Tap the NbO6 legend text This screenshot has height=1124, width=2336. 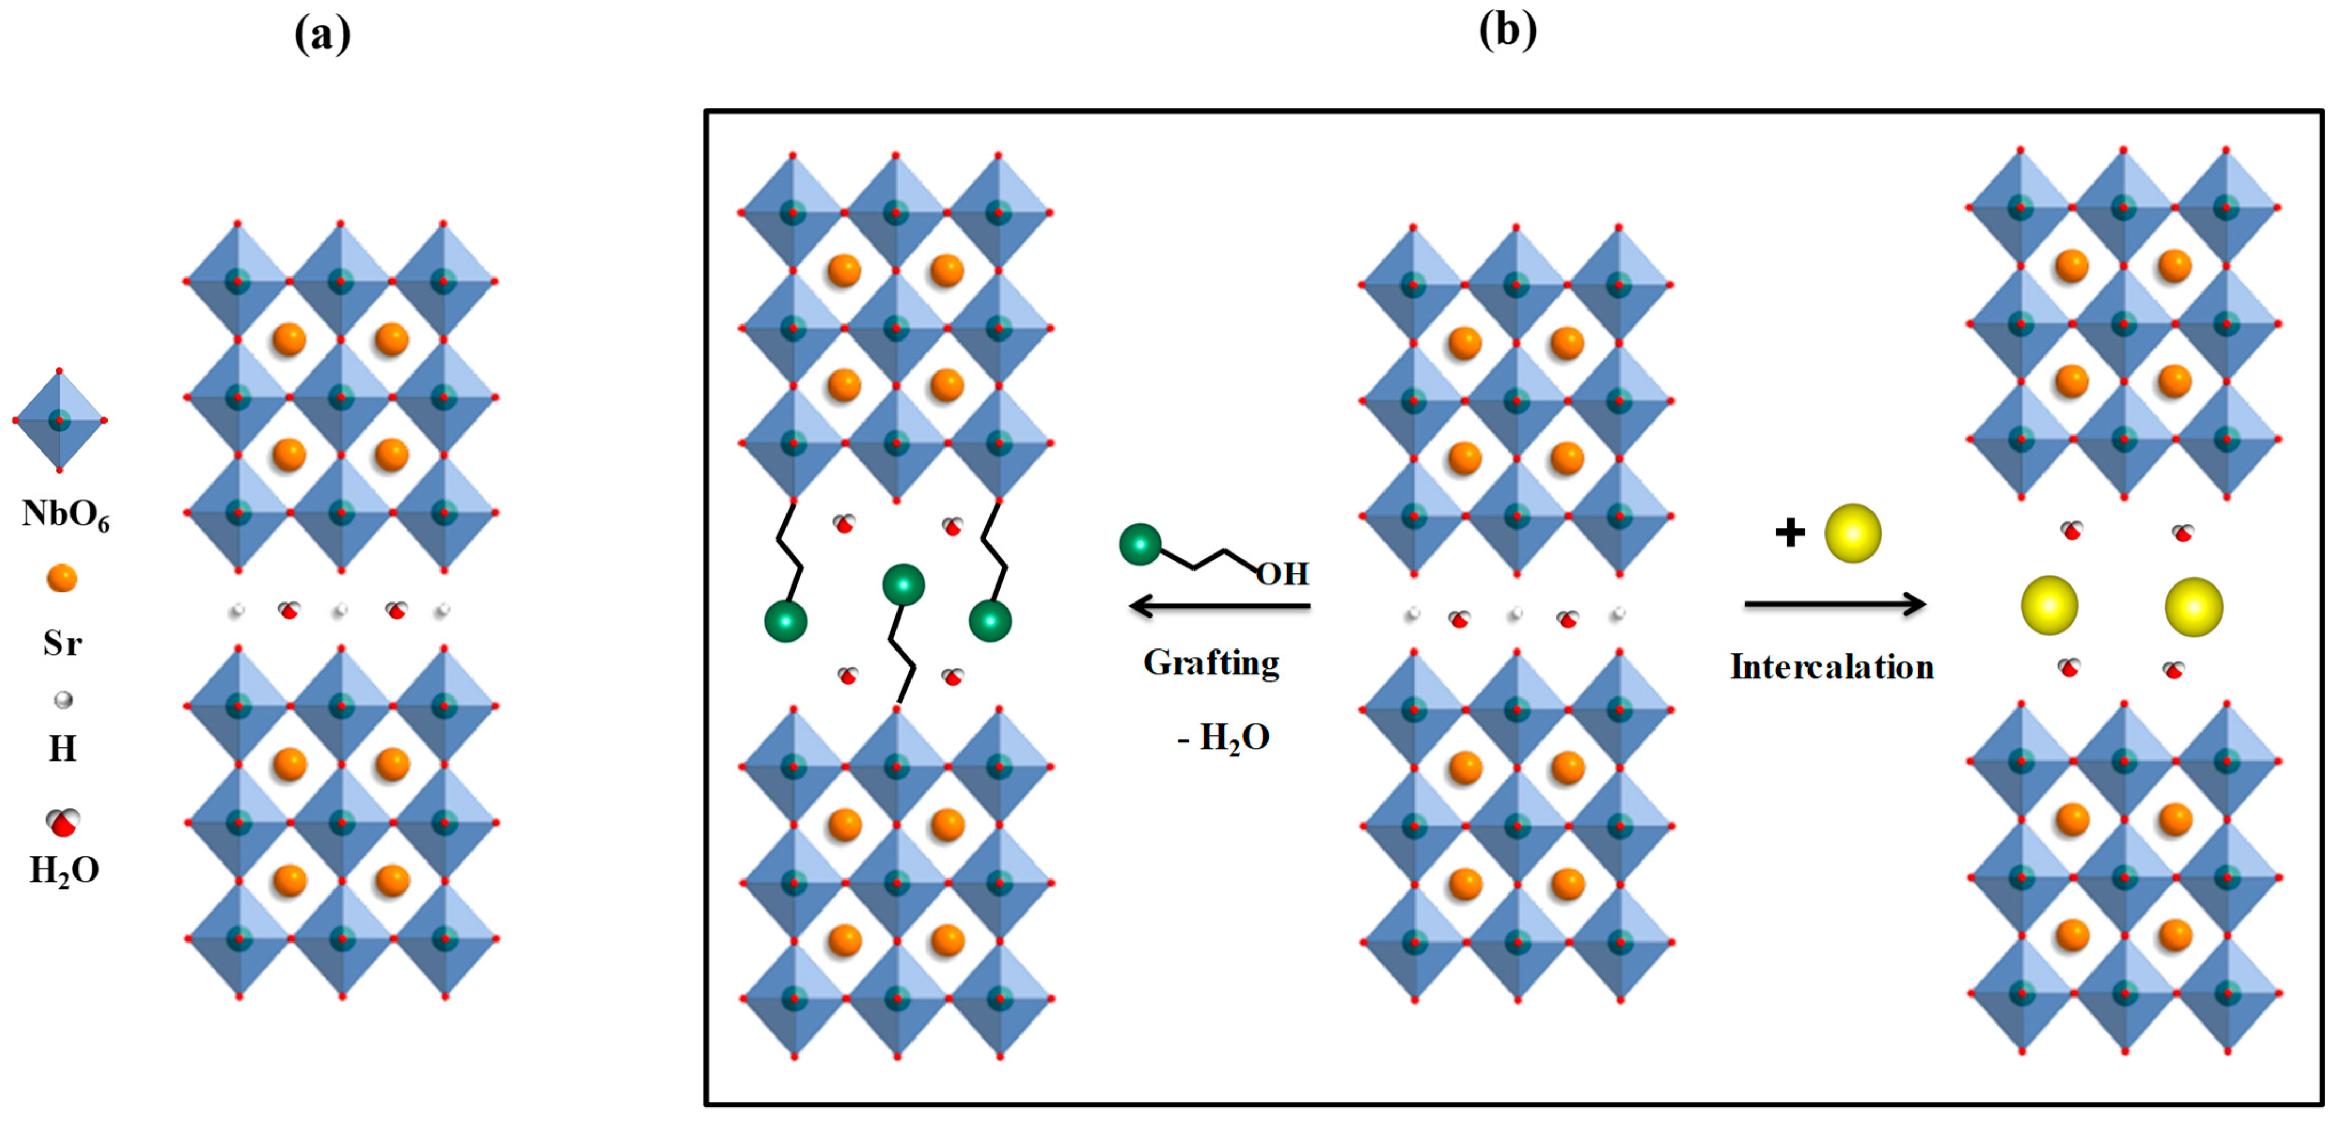tap(65, 514)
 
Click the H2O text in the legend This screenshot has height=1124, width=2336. tap(65, 870)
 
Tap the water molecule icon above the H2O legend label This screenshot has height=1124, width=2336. tap(62, 821)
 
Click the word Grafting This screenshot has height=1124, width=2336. tap(1212, 663)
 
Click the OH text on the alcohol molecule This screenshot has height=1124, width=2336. tap(1282, 574)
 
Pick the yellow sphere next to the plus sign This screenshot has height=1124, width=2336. tap(1853, 534)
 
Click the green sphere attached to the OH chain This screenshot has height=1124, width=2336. tap(1140, 544)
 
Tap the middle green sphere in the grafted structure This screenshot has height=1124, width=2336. tap(903, 584)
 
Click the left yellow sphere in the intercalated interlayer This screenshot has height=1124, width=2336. tap(2049, 606)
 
